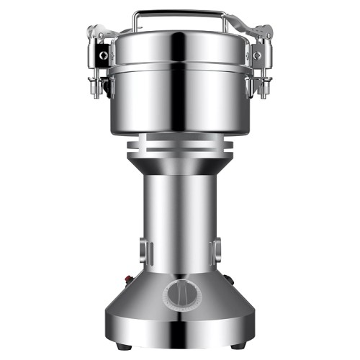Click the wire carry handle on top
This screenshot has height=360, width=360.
click(x=180, y=12)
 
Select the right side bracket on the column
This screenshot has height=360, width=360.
click(x=215, y=252)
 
